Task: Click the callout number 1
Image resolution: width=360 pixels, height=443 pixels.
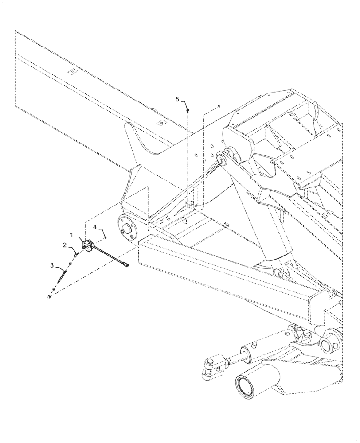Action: click(71, 233)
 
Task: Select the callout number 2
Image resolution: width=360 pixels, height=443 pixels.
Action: click(65, 245)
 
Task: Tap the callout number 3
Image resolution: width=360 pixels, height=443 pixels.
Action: click(52, 265)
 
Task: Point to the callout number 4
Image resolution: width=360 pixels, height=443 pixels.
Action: click(95, 227)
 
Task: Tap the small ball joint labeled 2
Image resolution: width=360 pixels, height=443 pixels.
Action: click(77, 254)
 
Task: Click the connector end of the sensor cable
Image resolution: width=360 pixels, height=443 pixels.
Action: click(127, 265)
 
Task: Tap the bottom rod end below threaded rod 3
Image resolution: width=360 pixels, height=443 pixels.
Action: click(50, 297)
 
